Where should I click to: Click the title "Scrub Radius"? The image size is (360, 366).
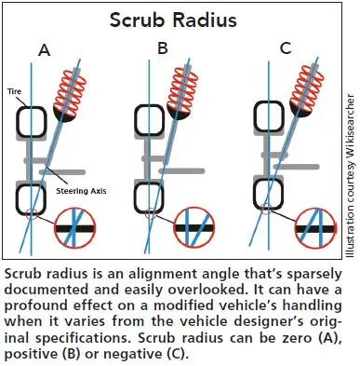(x=173, y=20)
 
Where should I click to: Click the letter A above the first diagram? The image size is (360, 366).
(x=45, y=50)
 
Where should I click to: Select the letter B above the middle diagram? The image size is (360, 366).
(x=163, y=48)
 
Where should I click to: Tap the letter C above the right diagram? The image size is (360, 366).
(x=285, y=48)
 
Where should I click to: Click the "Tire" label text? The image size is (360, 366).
(x=14, y=91)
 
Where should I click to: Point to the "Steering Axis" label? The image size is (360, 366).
(x=81, y=191)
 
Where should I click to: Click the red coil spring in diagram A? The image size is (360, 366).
(x=70, y=91)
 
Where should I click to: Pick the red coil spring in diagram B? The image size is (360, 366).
(x=183, y=88)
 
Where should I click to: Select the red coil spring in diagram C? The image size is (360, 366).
(x=307, y=88)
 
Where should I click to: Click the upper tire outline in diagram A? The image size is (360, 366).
(x=31, y=107)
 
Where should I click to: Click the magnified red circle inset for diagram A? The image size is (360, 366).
(x=75, y=228)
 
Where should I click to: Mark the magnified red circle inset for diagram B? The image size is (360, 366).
(x=194, y=228)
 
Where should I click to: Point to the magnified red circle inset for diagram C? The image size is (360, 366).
(x=315, y=229)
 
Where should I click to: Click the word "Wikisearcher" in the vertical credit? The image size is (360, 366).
(x=350, y=126)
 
